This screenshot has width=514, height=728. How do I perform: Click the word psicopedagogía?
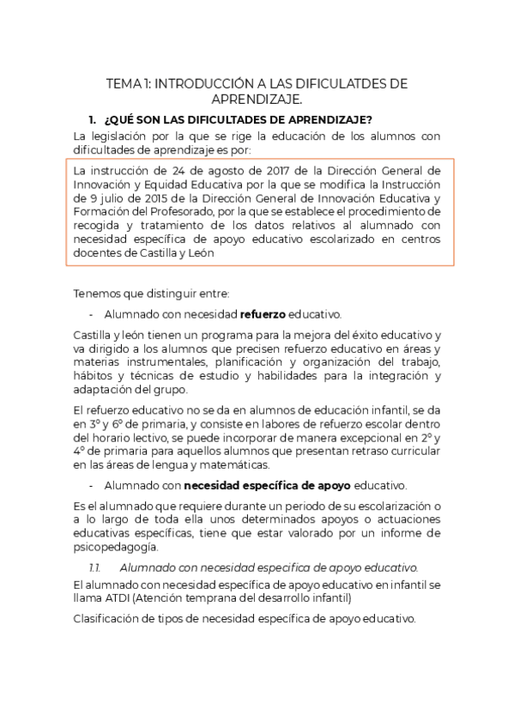point(116,547)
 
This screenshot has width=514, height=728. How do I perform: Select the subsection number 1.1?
point(95,567)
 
